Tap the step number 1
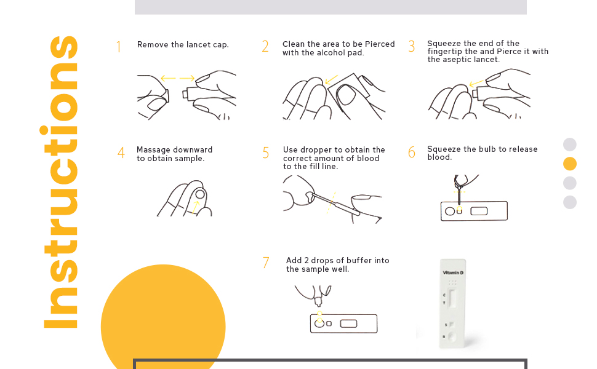119,47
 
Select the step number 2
265,47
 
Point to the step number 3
412,47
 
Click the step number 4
121,153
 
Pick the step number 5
265,153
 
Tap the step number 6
412,153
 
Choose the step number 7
266,263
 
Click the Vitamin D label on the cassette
453,272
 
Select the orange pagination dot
570,164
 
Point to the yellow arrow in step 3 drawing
476,83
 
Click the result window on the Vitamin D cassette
453,298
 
